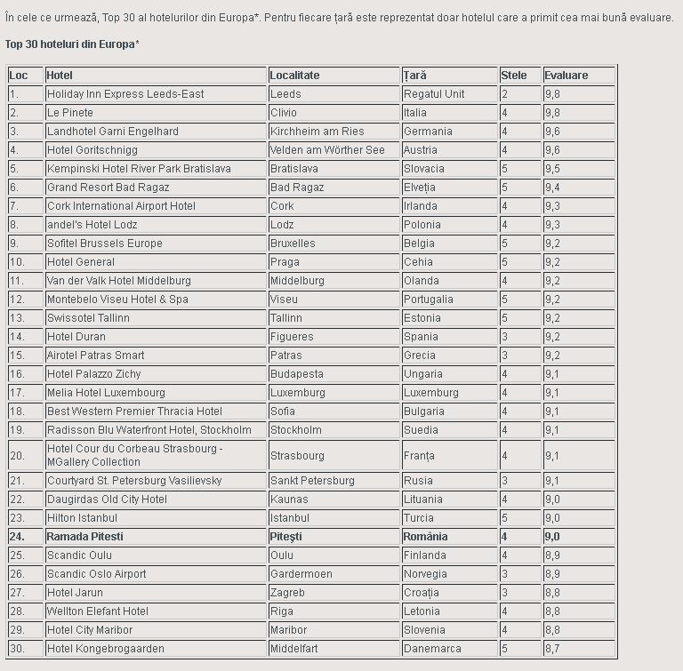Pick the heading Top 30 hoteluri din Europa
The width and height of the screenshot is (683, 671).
click(x=72, y=44)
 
